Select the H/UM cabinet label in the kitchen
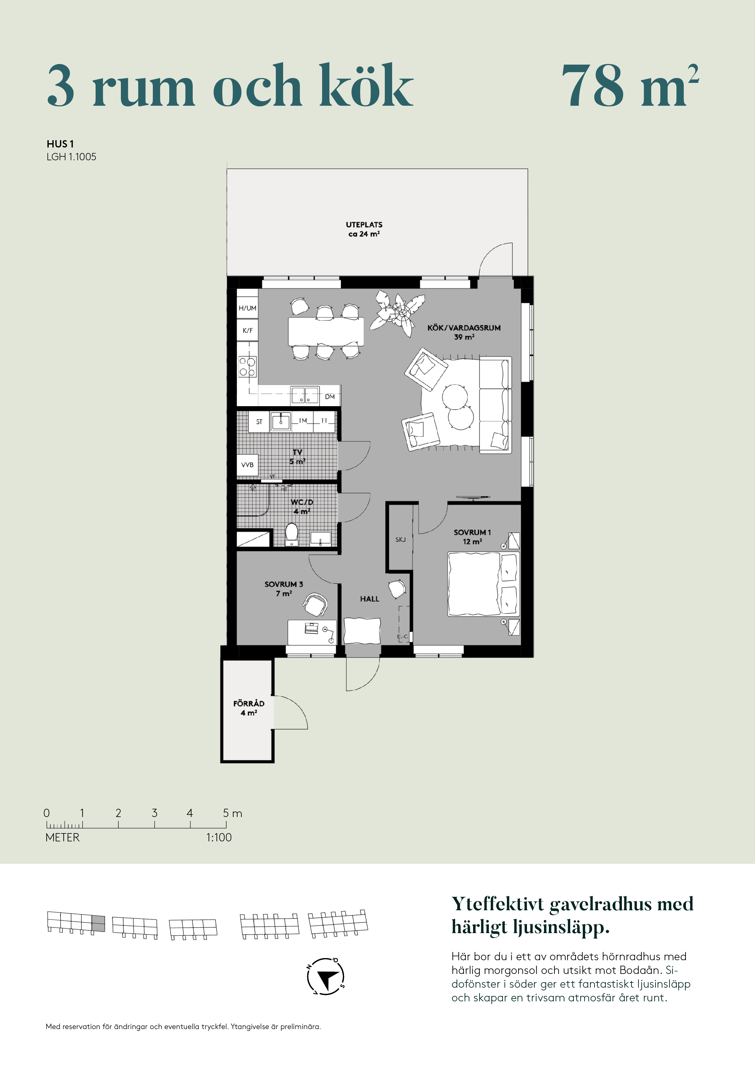(248, 308)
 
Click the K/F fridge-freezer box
(248, 331)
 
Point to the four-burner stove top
(248, 366)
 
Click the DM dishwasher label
(330, 397)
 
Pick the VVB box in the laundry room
(248, 465)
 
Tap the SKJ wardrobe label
(401, 540)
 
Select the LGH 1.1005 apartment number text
(71, 157)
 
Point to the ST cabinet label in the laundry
(259, 422)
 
